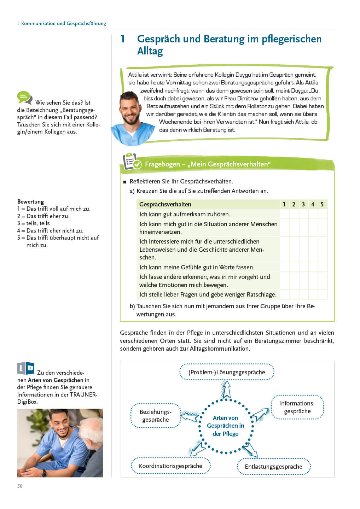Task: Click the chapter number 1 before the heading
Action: coord(122,39)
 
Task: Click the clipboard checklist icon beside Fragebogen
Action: coord(131,162)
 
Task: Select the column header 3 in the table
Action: coord(303,204)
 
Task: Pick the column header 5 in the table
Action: coord(322,204)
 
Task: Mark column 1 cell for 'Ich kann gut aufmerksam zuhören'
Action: coord(284,214)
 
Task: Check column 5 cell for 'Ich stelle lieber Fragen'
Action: coord(322,294)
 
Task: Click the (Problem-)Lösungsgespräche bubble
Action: coord(227,372)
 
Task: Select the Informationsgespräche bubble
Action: coord(297,407)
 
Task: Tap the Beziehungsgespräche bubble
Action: coord(156,416)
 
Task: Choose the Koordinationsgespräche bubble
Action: coord(170,466)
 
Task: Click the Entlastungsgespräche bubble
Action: coord(273,467)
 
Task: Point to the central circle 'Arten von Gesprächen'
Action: coord(226,426)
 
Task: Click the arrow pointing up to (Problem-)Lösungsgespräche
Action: coord(226,389)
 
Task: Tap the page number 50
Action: coord(20,486)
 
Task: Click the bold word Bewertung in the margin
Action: coord(31,202)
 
